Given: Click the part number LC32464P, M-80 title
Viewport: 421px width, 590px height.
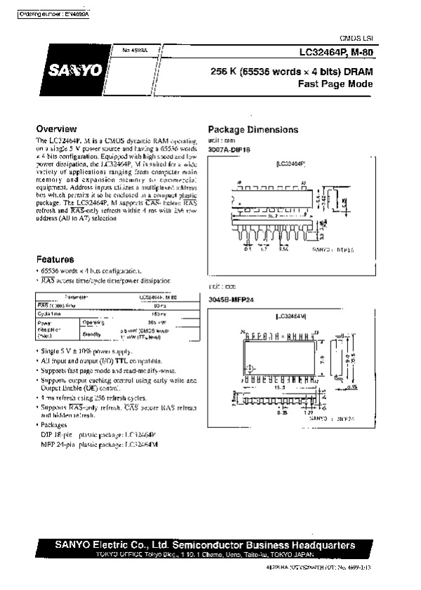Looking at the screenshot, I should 334,51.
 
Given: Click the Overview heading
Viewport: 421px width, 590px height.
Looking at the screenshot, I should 56,129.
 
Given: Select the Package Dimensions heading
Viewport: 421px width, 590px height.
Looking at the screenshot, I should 253,130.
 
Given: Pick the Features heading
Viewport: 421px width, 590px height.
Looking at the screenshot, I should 55,259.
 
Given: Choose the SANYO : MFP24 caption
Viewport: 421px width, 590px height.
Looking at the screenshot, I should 330,418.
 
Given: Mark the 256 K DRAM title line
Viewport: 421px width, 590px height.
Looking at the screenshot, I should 292,71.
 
